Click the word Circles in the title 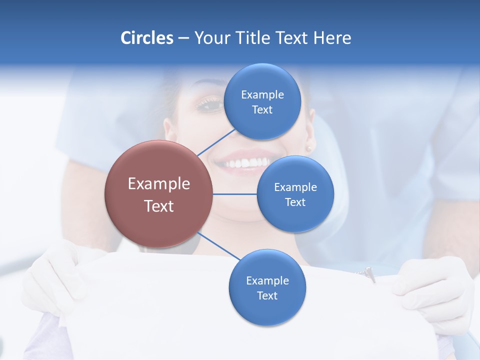[146, 38]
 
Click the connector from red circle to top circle [216, 142]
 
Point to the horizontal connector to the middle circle [235, 194]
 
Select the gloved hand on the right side [435, 290]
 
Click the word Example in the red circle [159, 184]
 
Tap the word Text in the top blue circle [262, 110]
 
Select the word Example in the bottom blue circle [267, 281]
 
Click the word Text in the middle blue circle [295, 202]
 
